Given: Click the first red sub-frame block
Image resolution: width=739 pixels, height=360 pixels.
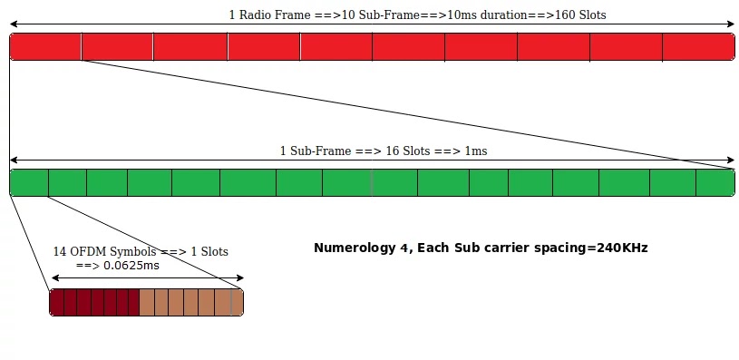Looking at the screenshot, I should (x=45, y=46).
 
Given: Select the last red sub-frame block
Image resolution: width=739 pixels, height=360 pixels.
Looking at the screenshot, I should (x=698, y=46).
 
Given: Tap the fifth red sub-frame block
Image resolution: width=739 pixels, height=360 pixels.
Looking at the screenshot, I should (x=336, y=46).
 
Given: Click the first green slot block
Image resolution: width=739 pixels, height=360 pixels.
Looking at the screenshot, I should (x=28, y=182).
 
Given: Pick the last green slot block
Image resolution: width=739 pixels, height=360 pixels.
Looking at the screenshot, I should (x=715, y=182).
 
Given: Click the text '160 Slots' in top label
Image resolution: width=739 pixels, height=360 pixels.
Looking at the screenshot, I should (x=581, y=15).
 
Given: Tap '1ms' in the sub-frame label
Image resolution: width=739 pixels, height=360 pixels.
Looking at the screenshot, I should (x=475, y=151).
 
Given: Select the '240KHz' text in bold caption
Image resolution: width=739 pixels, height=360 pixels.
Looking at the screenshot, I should (x=621, y=247).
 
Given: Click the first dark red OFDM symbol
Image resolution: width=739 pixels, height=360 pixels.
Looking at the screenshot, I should (x=56, y=302).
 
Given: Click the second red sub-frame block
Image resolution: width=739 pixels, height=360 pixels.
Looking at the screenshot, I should (x=117, y=46).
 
